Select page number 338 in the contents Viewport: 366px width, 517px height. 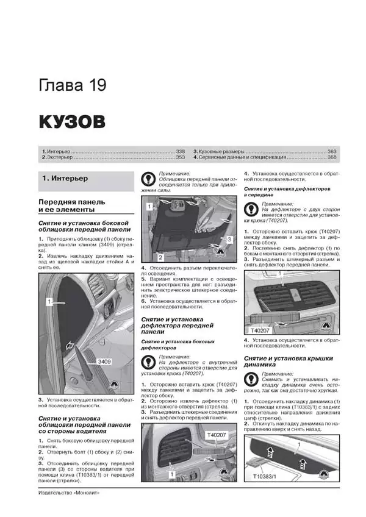coord(179,151)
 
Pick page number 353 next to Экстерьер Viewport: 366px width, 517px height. coord(179,157)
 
